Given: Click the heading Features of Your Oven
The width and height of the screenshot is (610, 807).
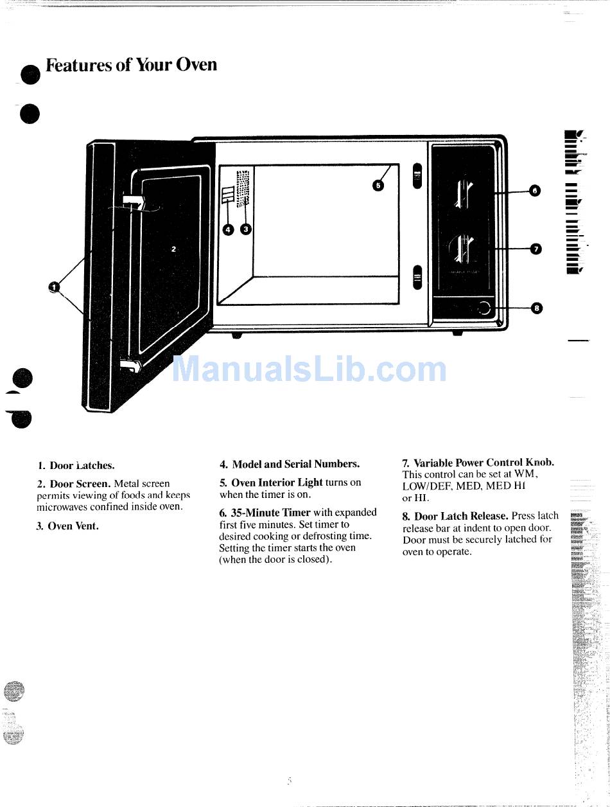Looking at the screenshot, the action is click(132, 66).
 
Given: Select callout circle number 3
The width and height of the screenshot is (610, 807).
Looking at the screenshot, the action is click(245, 229).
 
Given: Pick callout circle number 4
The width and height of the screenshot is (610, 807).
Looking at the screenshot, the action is click(228, 229).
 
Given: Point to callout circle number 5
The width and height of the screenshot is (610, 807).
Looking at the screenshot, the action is click(378, 185).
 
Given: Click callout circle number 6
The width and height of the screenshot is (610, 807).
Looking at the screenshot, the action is click(535, 190).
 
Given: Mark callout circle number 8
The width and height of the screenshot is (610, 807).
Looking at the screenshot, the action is click(537, 308).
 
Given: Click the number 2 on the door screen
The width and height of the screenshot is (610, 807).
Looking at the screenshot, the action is click(173, 248).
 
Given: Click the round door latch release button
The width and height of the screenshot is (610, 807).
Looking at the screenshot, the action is click(484, 309).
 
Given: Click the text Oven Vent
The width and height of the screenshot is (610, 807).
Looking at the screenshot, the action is click(73, 526).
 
